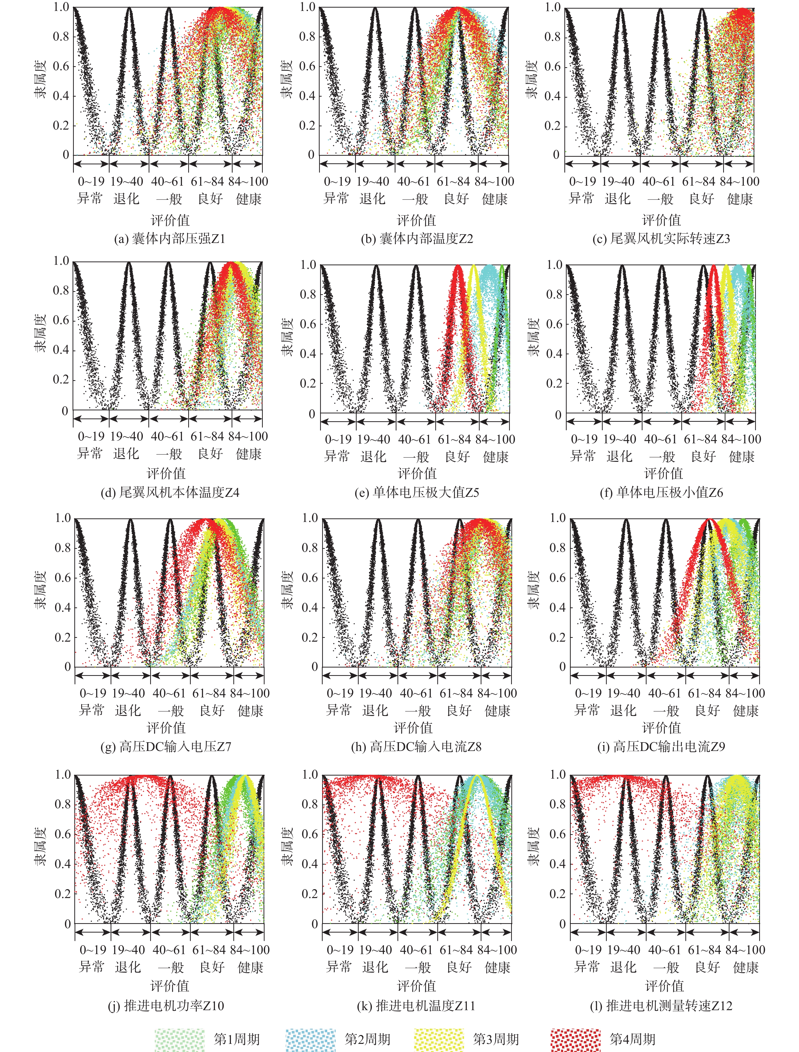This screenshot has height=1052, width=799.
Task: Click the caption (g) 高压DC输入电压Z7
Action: click(x=166, y=747)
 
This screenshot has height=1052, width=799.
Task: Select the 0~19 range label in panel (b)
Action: click(x=337, y=181)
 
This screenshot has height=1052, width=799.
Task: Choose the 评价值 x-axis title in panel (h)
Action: click(x=413, y=728)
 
